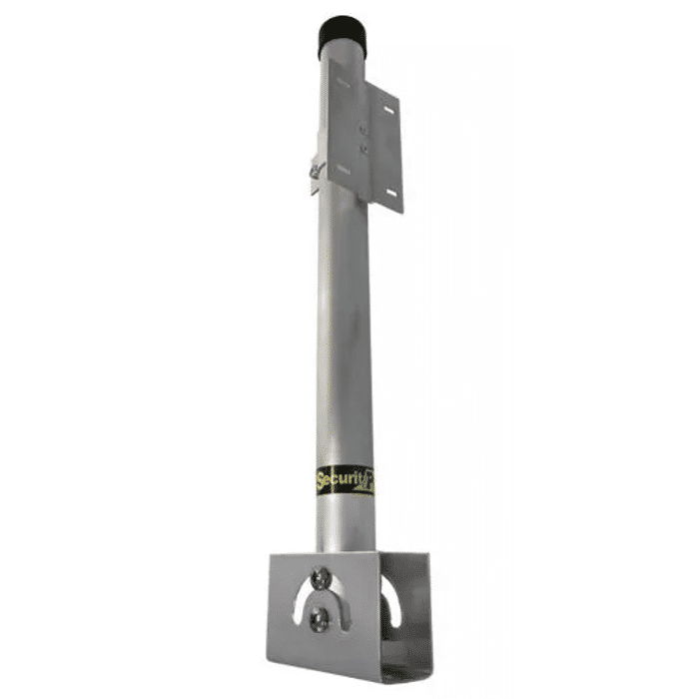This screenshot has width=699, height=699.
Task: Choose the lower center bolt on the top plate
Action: coord(363,151)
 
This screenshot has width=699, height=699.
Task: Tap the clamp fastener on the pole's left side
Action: coord(317,173)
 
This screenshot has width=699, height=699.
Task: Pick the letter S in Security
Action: coord(322,481)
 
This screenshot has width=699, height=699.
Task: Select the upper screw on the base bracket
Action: coord(321,576)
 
